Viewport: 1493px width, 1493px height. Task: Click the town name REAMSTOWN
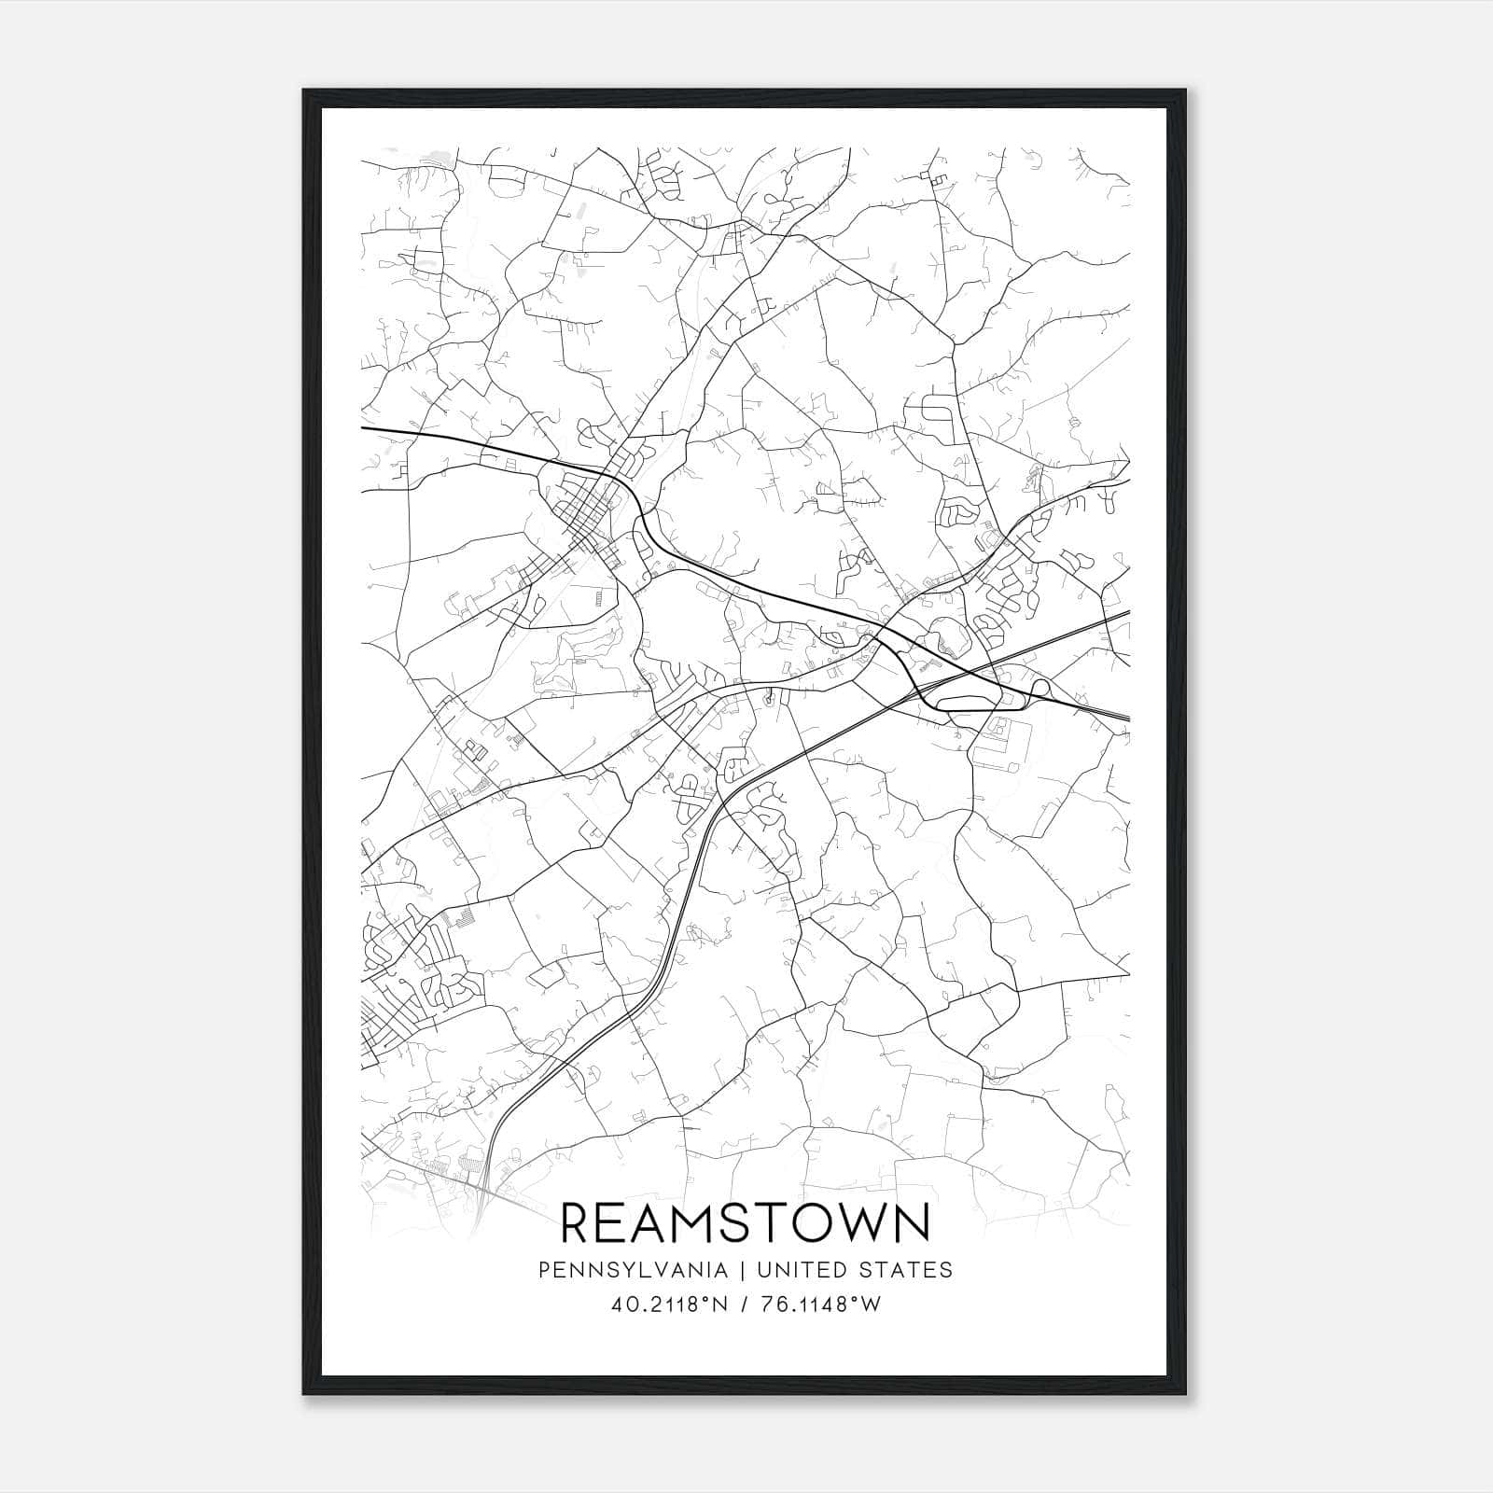746,1222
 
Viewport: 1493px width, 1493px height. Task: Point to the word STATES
914,1270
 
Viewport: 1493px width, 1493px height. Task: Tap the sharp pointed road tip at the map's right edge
1128,974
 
